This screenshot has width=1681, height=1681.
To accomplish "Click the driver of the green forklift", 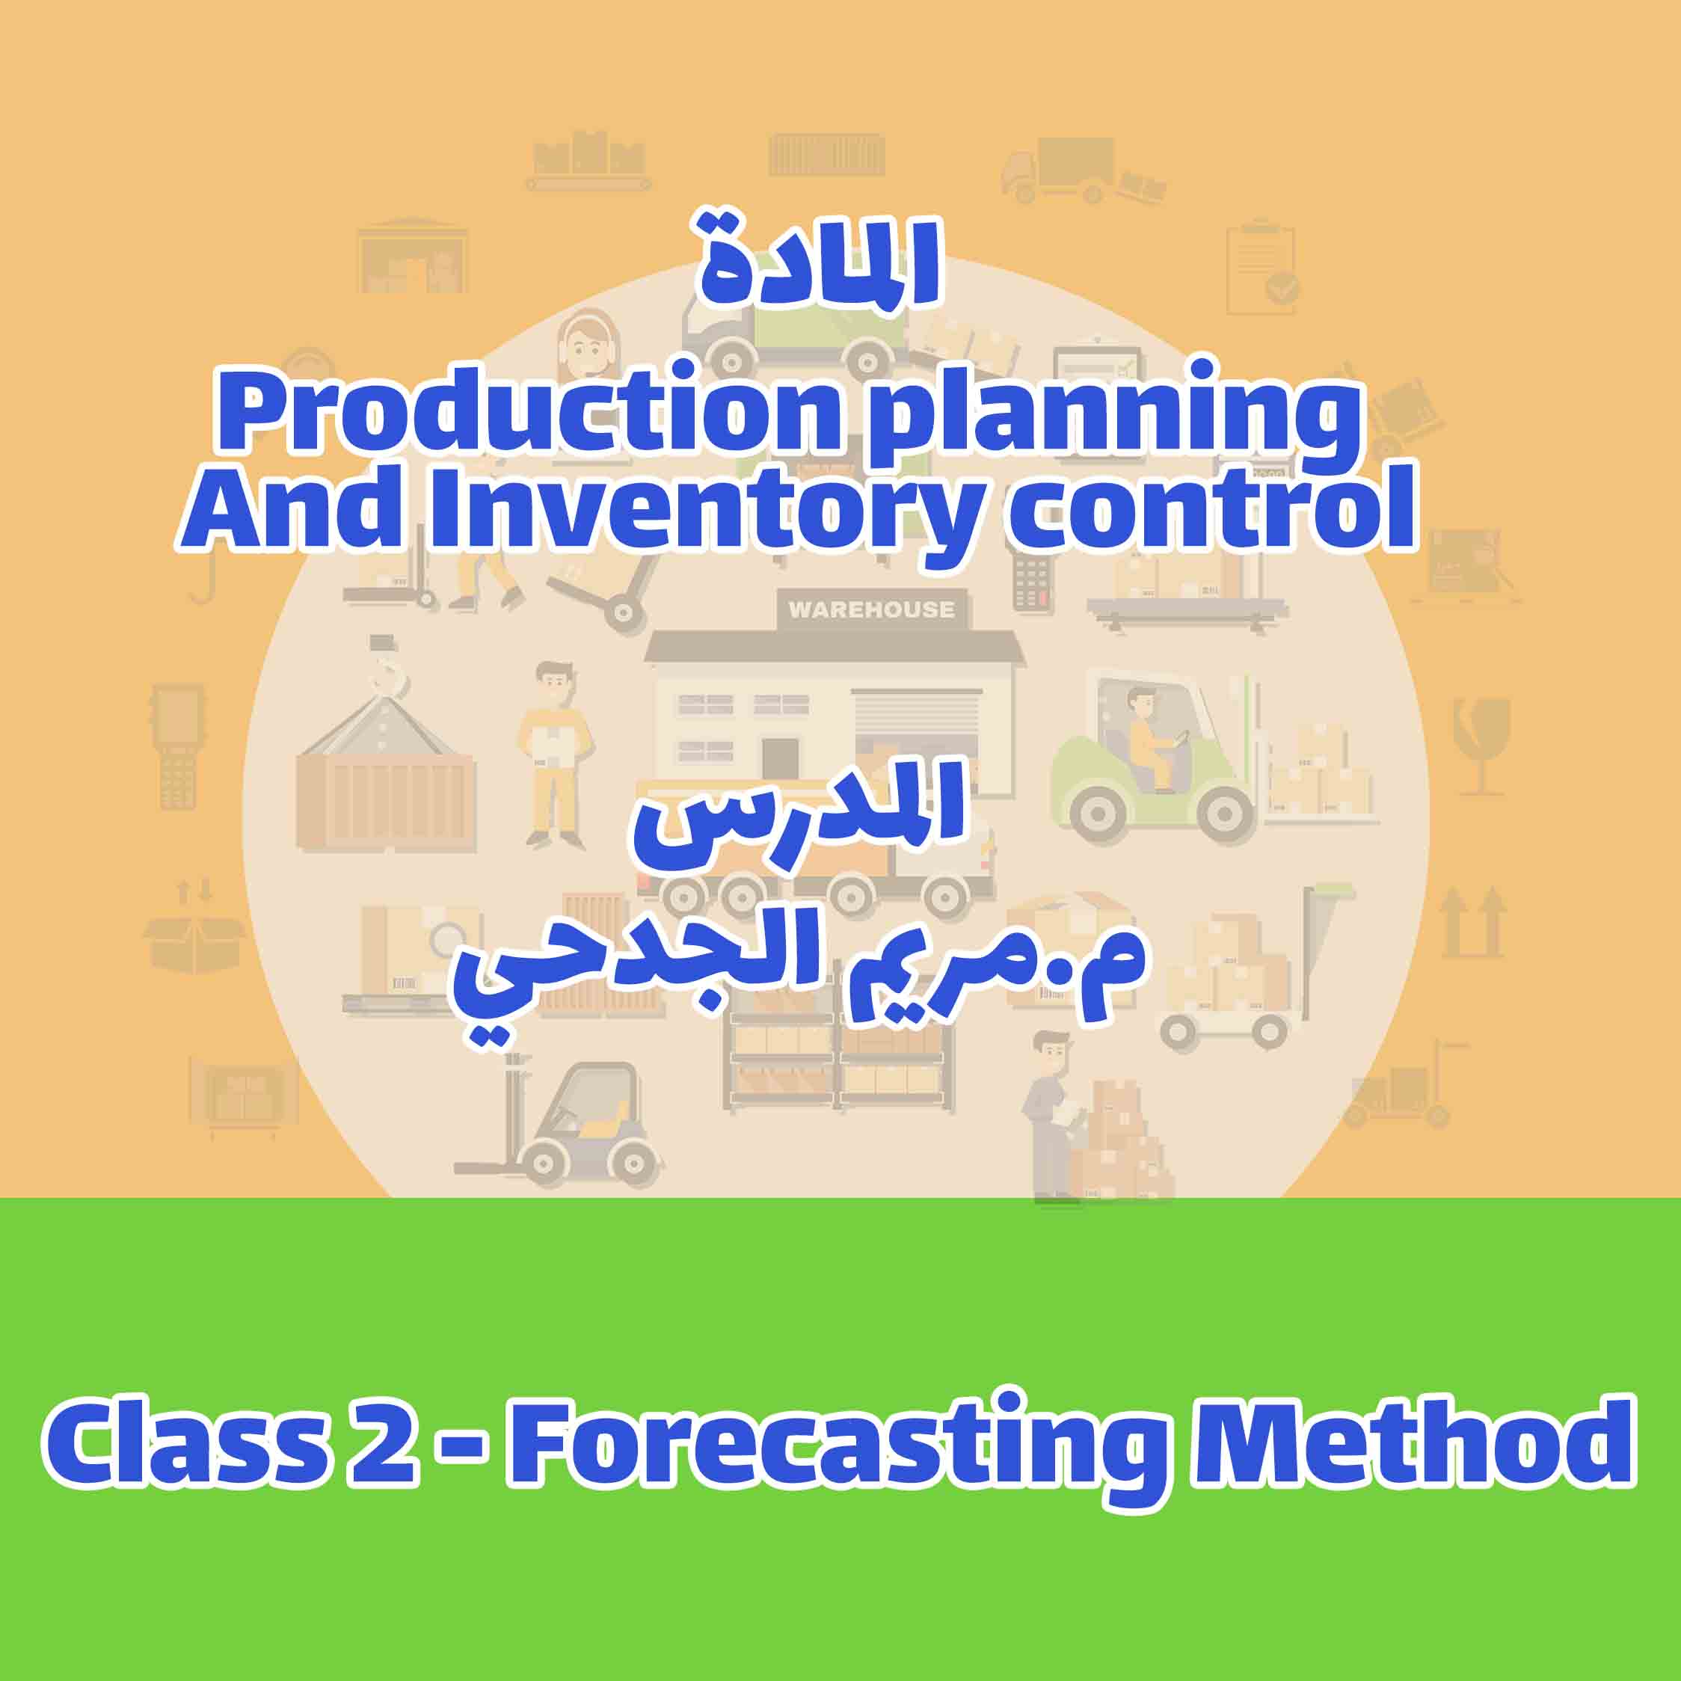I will pos(1148,740).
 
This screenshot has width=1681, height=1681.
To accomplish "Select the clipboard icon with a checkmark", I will pos(1261,270).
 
